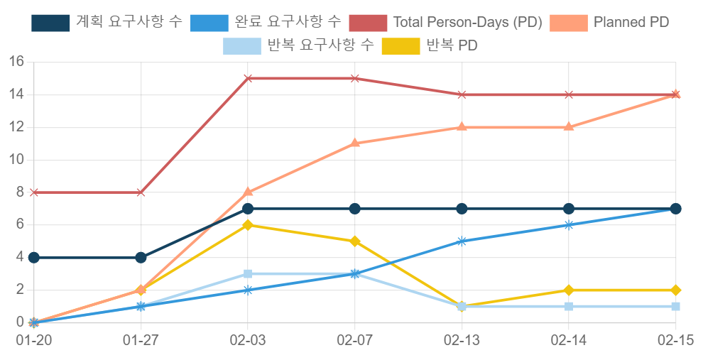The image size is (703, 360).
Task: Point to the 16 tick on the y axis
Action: (x=16, y=62)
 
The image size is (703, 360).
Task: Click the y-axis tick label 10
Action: (x=16, y=160)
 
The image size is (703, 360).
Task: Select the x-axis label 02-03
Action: (x=248, y=341)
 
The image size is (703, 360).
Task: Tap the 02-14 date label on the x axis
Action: (x=569, y=341)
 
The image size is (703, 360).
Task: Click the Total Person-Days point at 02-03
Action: (x=248, y=78)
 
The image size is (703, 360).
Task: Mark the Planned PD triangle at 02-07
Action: (x=355, y=143)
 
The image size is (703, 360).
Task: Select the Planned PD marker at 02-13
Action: (x=462, y=127)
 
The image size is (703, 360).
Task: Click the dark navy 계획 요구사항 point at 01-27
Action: (x=141, y=257)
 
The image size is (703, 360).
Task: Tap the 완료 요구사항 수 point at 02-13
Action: (x=462, y=241)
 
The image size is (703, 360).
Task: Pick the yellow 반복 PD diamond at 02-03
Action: (x=248, y=225)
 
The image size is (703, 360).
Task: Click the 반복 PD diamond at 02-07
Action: (x=355, y=241)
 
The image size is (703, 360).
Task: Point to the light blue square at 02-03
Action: (x=248, y=274)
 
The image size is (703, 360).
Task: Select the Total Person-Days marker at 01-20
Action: (x=33, y=192)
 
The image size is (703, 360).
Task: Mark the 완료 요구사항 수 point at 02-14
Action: (x=569, y=225)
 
